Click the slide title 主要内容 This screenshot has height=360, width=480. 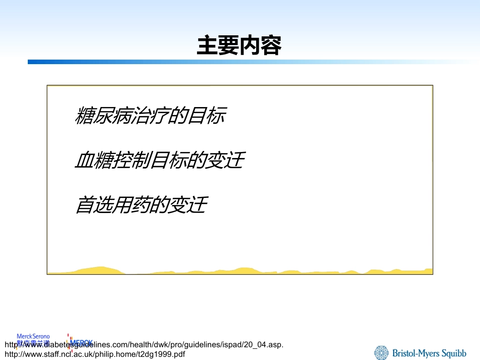click(239, 45)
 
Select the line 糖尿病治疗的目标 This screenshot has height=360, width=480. click(150, 116)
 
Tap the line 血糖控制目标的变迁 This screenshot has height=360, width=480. click(159, 161)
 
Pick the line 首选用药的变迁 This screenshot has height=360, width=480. click(141, 205)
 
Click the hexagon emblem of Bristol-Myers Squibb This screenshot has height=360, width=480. click(382, 352)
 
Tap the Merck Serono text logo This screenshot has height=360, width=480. click(33, 336)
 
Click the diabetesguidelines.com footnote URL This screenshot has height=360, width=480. click(143, 344)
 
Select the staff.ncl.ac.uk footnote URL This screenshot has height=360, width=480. click(94, 354)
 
